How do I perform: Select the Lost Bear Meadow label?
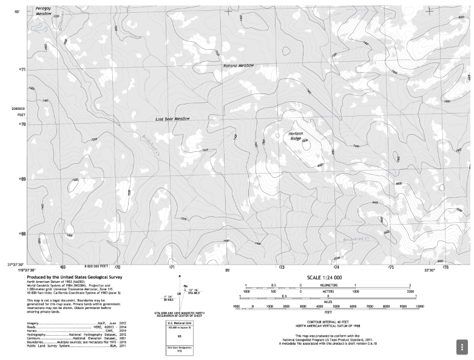coord(172,119)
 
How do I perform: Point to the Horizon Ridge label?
coord(296,136)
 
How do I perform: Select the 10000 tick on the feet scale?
coord(419,307)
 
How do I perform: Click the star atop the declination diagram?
coord(180,277)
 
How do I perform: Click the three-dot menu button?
coord(461,347)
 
